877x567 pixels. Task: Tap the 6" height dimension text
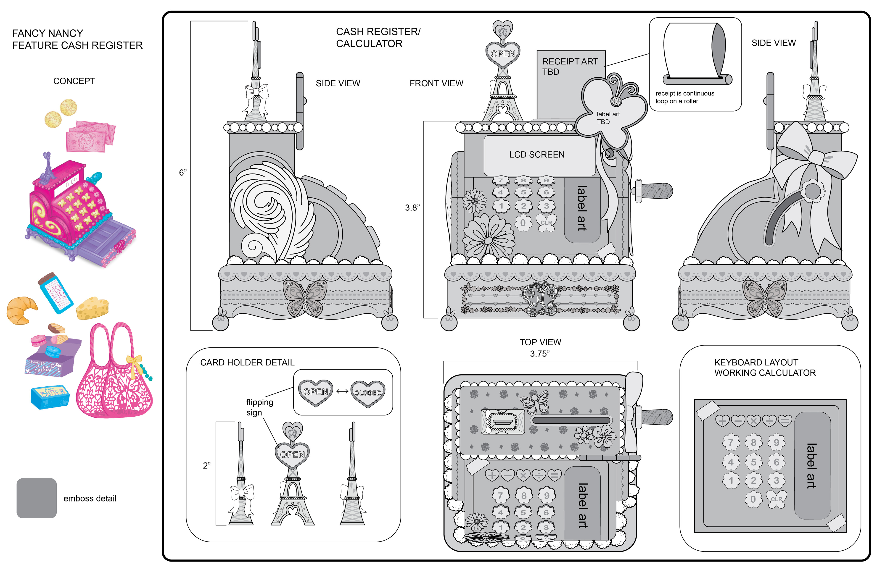pos(183,172)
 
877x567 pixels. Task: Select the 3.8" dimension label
pos(412,208)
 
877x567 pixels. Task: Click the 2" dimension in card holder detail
pos(207,465)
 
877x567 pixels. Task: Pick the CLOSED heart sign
pos(368,392)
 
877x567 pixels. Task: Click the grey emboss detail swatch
pos(37,498)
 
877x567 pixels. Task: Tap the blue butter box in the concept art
pos(50,396)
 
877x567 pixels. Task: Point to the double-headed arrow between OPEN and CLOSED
pos(342,391)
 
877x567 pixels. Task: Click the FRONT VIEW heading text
pos(436,83)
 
